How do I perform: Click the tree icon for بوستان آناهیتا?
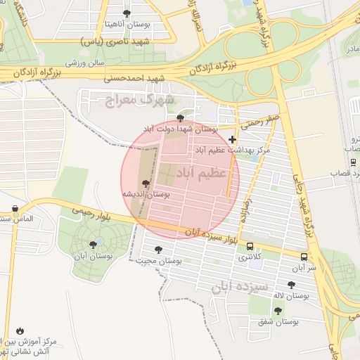[127, 13]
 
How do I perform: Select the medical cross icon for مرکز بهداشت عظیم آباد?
[233, 140]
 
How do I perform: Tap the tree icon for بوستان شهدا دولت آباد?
[181, 118]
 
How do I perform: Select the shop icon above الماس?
[15, 208]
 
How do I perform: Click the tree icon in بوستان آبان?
[93, 244]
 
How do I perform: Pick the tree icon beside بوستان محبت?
[158, 250]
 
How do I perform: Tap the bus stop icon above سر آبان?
[304, 257]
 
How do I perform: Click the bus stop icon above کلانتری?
[250, 246]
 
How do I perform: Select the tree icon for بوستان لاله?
[291, 285]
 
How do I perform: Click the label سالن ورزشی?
[86, 63]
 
